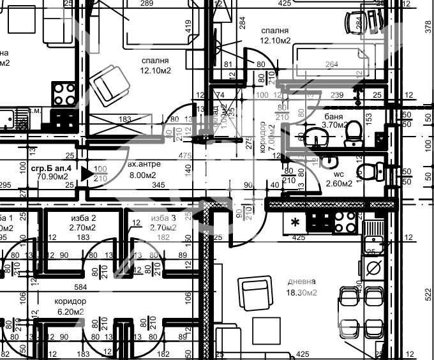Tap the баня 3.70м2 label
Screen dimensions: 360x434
(334, 121)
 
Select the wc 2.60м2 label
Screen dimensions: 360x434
(339, 178)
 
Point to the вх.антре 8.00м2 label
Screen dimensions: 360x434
(144, 169)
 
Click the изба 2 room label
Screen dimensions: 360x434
(84, 222)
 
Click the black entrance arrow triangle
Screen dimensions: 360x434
(87, 173)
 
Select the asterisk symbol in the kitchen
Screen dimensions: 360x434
(296, 223)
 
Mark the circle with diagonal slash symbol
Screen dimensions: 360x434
(373, 266)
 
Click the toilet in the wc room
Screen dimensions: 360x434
(371, 171)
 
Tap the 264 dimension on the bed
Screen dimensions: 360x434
(332, 64)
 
